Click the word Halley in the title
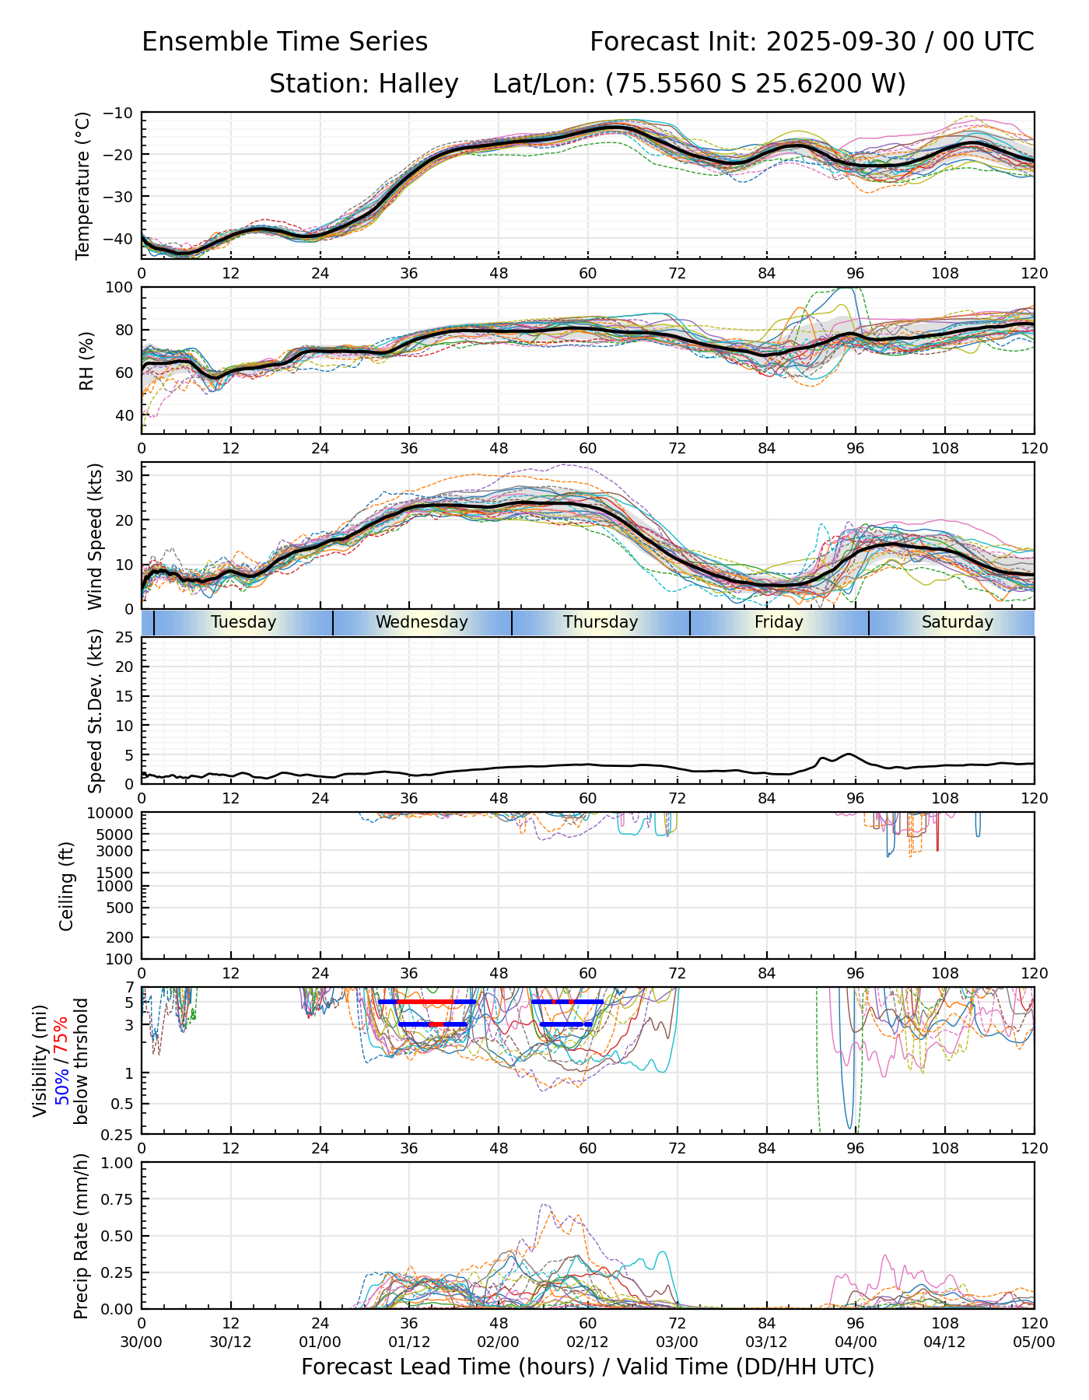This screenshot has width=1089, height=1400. (418, 83)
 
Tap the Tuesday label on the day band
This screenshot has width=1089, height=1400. (243, 622)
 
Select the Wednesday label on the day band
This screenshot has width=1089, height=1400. (422, 622)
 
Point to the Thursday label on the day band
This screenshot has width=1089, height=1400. (601, 622)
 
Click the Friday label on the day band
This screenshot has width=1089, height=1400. (779, 622)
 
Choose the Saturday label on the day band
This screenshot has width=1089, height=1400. (958, 622)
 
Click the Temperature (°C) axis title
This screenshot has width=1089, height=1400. (83, 186)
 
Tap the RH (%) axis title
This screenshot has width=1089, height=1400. (86, 360)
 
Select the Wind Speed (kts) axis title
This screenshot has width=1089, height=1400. (95, 536)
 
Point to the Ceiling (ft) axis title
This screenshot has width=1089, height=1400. (67, 886)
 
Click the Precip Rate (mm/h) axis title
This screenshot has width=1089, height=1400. (81, 1236)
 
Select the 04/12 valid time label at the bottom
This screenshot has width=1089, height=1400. (945, 1342)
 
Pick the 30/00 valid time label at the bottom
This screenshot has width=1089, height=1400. (142, 1342)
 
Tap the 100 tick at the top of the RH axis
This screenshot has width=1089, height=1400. (121, 288)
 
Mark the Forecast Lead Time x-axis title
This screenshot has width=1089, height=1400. (587, 1367)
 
